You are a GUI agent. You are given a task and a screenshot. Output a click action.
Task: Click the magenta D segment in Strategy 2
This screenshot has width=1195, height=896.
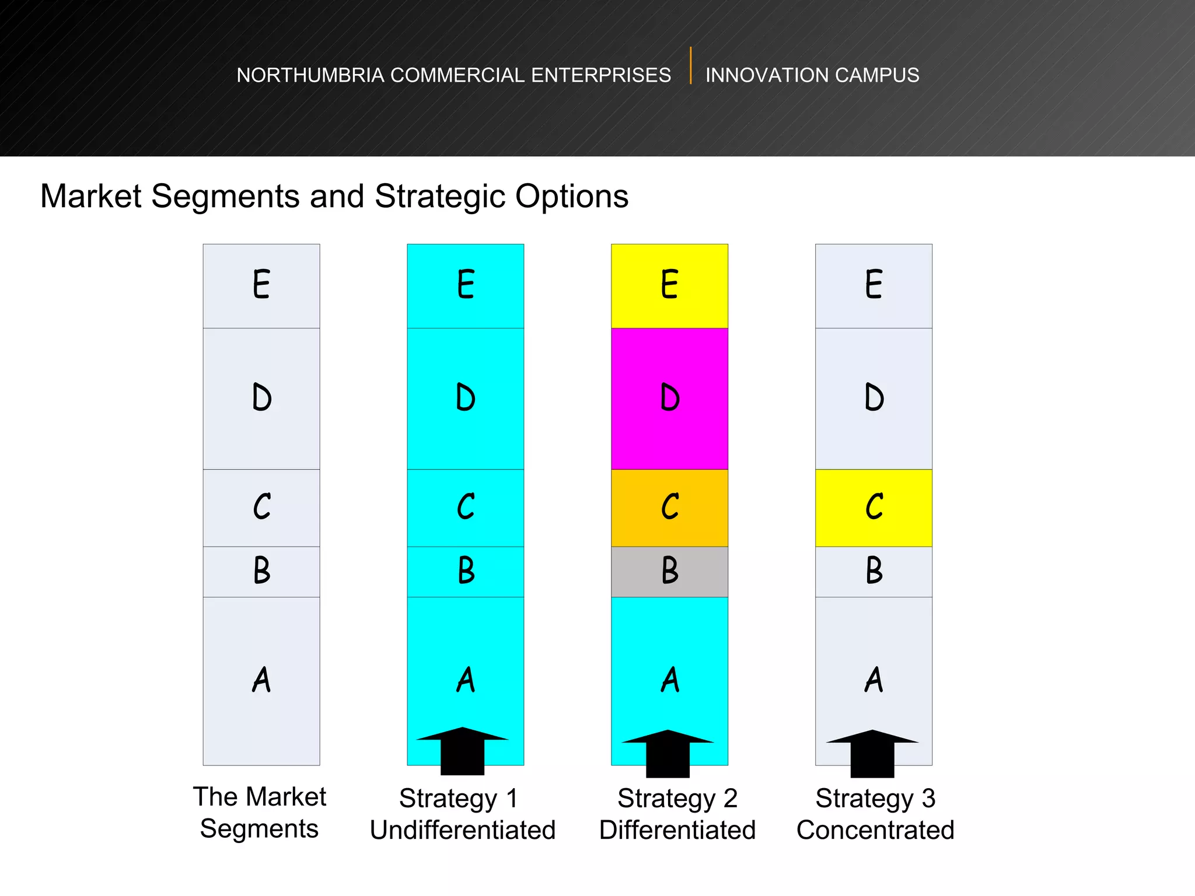tap(669, 398)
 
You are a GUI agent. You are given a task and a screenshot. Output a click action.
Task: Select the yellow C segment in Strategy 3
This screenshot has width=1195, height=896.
tap(873, 508)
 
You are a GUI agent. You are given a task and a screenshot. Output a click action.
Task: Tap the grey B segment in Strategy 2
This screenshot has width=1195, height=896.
tap(669, 572)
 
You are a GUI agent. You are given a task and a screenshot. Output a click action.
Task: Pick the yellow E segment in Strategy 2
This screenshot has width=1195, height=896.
tap(669, 286)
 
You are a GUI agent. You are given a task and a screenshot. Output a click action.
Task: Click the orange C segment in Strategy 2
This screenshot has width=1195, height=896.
tap(669, 508)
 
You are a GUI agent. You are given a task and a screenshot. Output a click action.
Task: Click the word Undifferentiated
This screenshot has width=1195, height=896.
tap(463, 830)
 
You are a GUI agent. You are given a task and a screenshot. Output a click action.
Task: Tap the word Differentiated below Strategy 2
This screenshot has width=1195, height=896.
tap(677, 830)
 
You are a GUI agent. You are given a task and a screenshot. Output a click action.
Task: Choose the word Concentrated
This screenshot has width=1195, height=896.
tap(875, 830)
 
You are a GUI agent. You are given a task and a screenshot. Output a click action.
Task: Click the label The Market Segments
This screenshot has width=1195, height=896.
tap(260, 813)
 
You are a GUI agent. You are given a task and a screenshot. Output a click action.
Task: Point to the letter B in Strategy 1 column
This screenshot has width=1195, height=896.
tap(466, 570)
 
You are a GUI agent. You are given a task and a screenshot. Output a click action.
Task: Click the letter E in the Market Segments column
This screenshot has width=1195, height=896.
tap(261, 285)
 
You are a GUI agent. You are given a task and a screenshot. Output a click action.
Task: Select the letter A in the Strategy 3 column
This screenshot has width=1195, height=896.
tap(873, 680)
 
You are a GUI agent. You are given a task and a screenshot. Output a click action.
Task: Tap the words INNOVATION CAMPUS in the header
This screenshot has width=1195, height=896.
tap(812, 75)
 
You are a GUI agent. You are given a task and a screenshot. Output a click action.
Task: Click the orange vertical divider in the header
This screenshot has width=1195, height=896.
tap(691, 65)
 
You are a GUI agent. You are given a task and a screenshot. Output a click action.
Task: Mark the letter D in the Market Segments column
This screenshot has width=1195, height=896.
tap(261, 398)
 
